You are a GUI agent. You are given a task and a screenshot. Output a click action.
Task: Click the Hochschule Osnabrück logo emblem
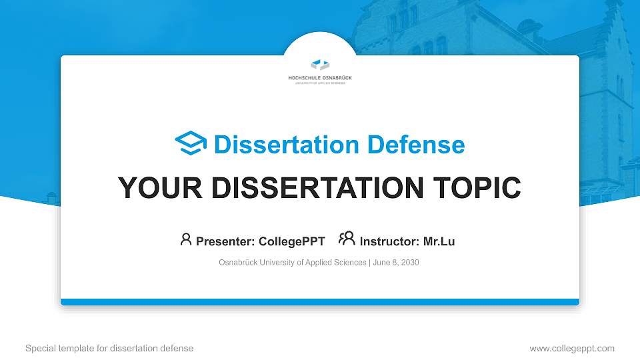click(x=320, y=65)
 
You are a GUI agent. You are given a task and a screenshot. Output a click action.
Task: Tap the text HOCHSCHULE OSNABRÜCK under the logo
click(x=320, y=78)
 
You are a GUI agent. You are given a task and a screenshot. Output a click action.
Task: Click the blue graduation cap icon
click(x=191, y=144)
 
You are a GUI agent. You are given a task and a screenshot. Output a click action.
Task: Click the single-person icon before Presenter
click(x=186, y=239)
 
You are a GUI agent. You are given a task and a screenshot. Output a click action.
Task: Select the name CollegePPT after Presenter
click(x=293, y=241)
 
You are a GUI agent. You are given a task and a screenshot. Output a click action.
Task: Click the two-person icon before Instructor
click(x=347, y=239)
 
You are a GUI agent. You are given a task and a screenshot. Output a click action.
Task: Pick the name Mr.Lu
click(x=439, y=241)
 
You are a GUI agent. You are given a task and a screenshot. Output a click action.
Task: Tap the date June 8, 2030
click(x=396, y=263)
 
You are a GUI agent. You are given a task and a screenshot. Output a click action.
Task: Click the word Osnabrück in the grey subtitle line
click(x=238, y=263)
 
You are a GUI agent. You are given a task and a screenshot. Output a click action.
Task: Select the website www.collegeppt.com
click(x=571, y=348)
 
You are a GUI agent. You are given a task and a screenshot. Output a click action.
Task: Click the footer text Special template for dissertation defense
click(x=109, y=348)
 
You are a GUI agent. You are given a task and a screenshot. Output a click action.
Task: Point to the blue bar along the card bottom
click(x=320, y=302)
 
